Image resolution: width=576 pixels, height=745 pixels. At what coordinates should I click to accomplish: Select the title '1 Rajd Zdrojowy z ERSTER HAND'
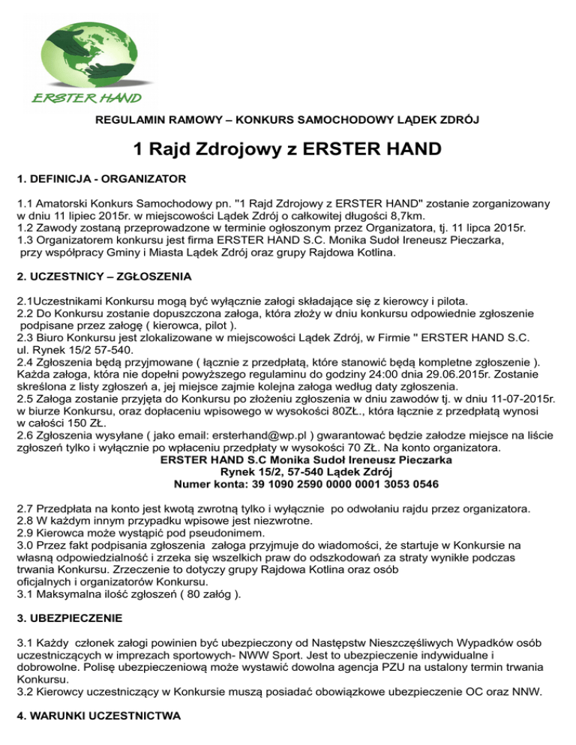coord(287,150)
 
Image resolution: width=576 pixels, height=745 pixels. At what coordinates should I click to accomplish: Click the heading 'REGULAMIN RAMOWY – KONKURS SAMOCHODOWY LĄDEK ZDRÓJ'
coord(288,120)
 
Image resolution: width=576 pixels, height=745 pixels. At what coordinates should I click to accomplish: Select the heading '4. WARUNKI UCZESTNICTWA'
coord(98,717)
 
